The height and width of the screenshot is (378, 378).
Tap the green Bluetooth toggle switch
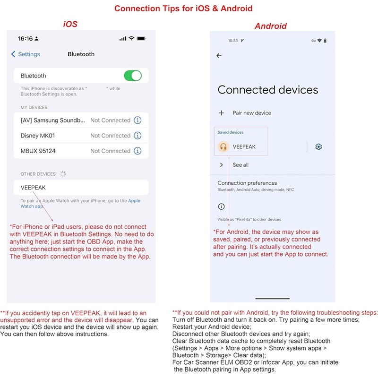(133, 76)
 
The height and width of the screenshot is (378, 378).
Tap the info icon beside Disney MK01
(137, 136)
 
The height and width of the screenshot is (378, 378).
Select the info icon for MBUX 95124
(137, 151)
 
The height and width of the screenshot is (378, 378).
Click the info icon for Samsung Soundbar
(137, 120)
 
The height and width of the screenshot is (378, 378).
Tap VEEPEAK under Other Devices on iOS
(33, 188)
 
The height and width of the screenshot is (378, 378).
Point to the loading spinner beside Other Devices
(63, 174)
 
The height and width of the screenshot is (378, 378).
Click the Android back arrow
(219, 56)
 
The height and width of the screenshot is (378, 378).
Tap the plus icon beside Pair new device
(221, 113)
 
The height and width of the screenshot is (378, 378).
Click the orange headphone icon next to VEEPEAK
(223, 146)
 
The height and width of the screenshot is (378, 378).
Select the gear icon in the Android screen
(318, 146)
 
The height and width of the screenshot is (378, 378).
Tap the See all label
(241, 165)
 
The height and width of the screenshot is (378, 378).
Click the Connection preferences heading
(247, 183)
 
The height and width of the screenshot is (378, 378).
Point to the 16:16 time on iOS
(26, 39)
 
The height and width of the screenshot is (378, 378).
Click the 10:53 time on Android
(233, 41)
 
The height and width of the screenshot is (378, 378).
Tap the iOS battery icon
(141, 39)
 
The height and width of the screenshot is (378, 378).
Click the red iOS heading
(70, 24)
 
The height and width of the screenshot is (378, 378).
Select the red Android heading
(271, 26)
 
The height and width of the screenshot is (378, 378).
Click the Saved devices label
(231, 132)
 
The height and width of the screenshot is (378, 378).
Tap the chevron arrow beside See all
(221, 165)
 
